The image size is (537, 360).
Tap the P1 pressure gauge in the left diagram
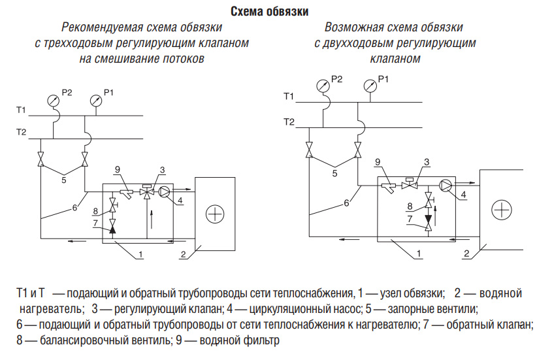point(95,100)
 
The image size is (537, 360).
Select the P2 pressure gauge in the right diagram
point(323,85)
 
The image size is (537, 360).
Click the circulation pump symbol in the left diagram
point(166,191)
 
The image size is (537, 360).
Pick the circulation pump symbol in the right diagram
point(447,185)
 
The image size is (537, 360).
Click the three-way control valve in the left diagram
point(148,191)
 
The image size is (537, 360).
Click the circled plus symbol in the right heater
point(501,209)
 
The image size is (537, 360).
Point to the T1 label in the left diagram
point(22,108)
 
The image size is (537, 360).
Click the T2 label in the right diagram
point(289,122)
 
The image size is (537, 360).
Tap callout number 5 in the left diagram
point(63,179)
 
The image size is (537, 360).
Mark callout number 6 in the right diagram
point(347,203)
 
